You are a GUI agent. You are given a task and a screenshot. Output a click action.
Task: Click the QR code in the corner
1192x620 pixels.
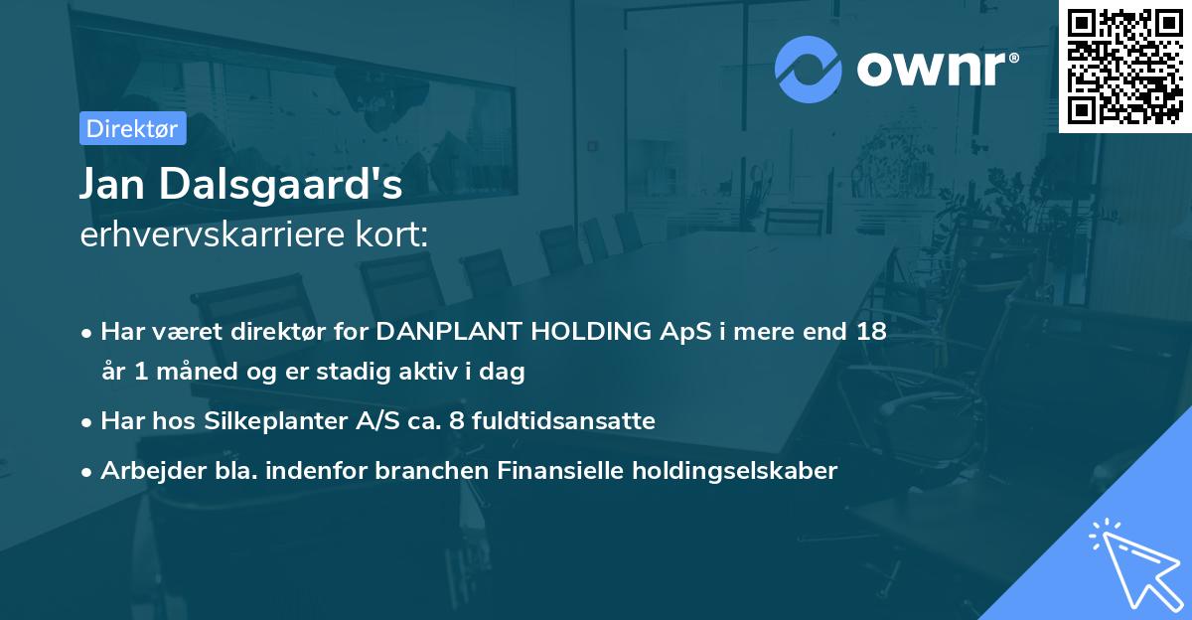(1124, 66)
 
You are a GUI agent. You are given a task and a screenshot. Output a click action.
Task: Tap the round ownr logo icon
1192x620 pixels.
(809, 70)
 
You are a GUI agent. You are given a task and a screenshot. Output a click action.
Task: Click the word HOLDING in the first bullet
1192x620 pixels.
(581, 332)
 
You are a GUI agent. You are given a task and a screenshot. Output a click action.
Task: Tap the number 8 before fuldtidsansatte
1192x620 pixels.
(456, 421)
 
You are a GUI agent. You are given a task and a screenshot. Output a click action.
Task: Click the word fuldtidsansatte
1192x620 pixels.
(562, 421)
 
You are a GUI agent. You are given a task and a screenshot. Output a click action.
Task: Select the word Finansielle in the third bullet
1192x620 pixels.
(554, 471)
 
